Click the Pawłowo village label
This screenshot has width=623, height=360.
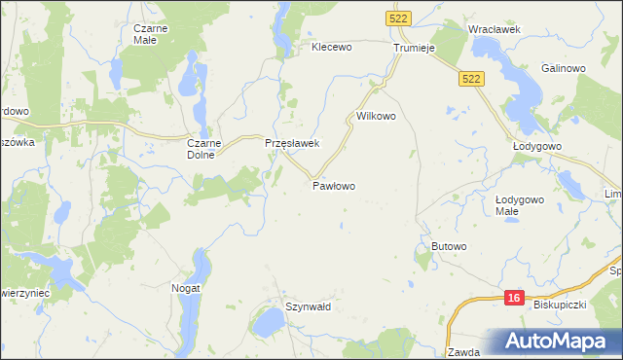point(334,185)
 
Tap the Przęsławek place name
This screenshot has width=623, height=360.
point(293,143)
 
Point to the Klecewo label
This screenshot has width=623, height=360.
point(331,46)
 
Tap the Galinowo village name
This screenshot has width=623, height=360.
point(563,68)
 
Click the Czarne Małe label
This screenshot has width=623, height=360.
point(152,34)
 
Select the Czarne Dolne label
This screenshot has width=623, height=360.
point(205,148)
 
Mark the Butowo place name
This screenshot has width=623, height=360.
point(450,247)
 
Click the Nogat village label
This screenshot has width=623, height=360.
point(186,288)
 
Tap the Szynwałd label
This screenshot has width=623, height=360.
point(309,306)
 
